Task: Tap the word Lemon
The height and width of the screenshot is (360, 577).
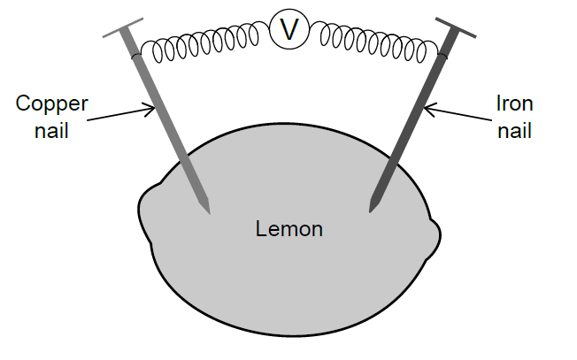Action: tap(289, 230)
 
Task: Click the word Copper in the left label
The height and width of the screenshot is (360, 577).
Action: tap(52, 104)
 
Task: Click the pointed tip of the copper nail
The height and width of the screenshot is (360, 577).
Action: tap(209, 212)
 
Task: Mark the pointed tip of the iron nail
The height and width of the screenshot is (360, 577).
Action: tap(371, 211)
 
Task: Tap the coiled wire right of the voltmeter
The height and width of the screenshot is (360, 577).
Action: tap(376, 42)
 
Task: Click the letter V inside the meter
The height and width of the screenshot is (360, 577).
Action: tap(289, 30)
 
